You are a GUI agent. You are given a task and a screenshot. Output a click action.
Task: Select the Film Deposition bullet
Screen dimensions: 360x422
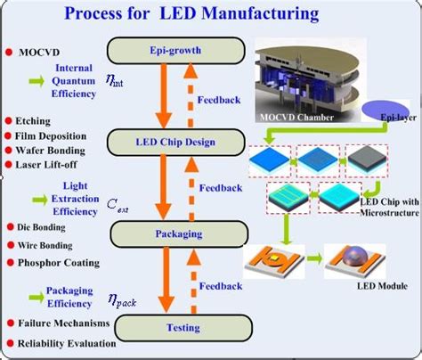(x=51, y=135)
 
